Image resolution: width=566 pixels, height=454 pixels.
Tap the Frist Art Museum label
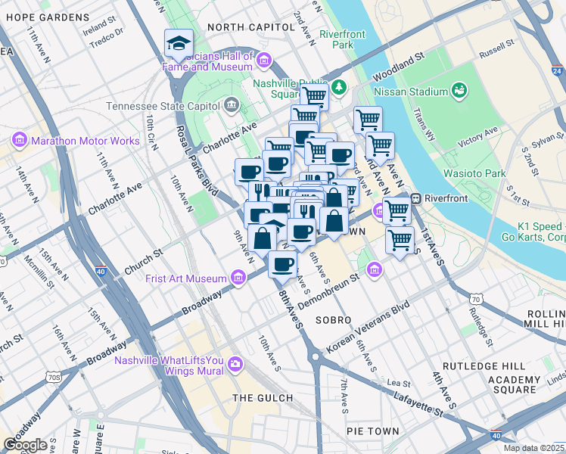click(x=186, y=278)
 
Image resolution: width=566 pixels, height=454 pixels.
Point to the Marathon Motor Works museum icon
click(x=20, y=141)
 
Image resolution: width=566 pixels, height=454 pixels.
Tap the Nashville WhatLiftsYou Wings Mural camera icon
click(x=235, y=365)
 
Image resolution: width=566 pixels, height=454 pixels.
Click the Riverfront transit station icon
click(x=415, y=199)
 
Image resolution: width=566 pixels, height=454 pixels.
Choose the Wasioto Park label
click(x=475, y=173)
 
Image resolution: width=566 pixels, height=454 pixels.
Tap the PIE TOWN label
click(x=372, y=431)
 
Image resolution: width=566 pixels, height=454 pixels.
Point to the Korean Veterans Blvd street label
click(x=368, y=328)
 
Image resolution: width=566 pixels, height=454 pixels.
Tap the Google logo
click(x=25, y=445)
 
